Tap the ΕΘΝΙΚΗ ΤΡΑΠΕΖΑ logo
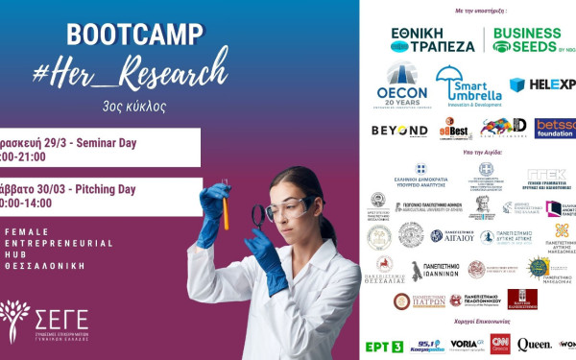(x=433, y=39)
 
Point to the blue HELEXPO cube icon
(x=517, y=84)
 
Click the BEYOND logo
(x=399, y=130)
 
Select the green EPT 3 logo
(x=384, y=346)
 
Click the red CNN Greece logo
(x=500, y=344)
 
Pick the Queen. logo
(x=534, y=344)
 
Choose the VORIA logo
(x=466, y=344)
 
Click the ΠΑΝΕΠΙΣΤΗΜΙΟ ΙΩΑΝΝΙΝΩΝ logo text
(x=444, y=272)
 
